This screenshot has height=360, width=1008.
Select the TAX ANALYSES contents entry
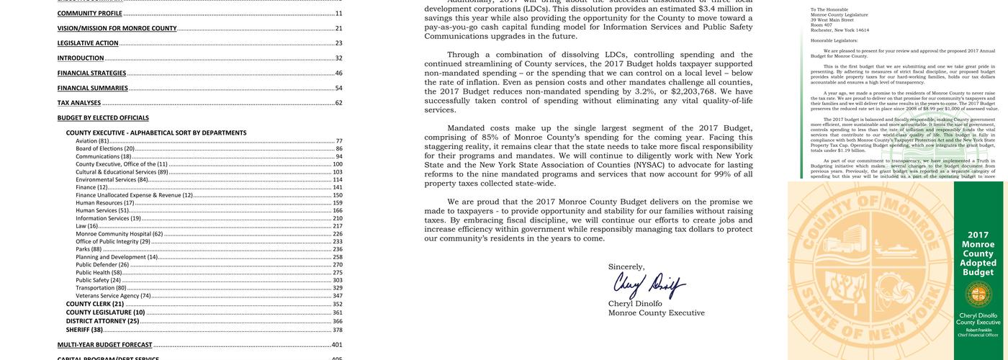tap(79, 103)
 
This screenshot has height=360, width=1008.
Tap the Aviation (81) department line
tap(93, 141)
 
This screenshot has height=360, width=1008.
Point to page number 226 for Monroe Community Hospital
tap(337, 234)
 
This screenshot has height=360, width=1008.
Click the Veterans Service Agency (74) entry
tap(113, 296)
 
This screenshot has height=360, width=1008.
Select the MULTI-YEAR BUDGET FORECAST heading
tap(105, 346)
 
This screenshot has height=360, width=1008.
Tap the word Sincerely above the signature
tap(626, 267)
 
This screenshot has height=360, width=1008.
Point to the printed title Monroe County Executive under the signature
tap(656, 313)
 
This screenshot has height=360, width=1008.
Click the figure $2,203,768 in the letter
tap(697, 92)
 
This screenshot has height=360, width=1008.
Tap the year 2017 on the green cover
tap(978, 235)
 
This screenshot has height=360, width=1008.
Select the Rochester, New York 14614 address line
tap(840, 30)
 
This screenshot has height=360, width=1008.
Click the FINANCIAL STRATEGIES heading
tap(92, 73)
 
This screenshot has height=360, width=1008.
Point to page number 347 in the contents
tap(337, 296)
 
